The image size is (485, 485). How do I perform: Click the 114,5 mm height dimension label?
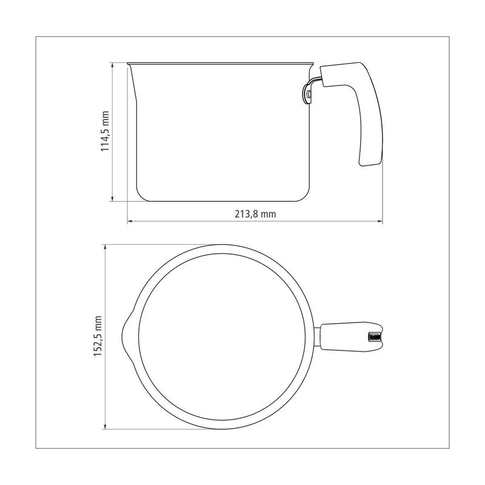(105, 131)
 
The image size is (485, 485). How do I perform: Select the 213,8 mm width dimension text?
(255, 214)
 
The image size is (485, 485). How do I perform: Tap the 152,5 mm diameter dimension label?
(98, 336)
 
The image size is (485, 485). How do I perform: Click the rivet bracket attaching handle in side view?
(307, 94)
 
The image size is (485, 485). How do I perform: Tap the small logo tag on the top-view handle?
(373, 337)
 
